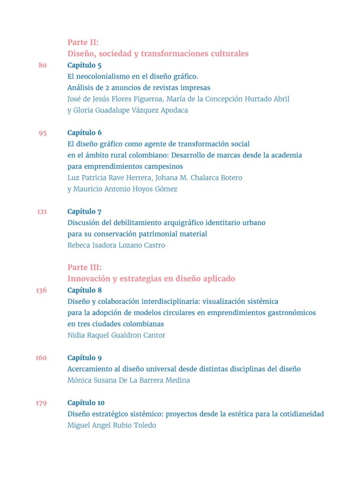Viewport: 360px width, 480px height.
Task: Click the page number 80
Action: tap(42, 65)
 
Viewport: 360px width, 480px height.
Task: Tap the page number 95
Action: tap(42, 133)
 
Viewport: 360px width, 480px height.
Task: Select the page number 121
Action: tap(42, 212)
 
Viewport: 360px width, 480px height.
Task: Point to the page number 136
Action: tap(41, 290)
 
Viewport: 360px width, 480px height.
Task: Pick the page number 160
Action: tap(41, 358)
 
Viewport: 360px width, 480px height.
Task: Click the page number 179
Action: tap(41, 403)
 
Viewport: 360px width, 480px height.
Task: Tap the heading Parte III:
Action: tap(84, 267)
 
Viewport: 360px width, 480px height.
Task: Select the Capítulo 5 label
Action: tap(84, 65)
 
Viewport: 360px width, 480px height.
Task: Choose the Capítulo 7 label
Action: tap(84, 212)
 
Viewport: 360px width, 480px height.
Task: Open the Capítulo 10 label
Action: tap(86, 403)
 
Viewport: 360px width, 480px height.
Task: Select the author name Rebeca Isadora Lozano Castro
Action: tap(116, 245)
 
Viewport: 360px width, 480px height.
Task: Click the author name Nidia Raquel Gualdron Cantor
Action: tap(116, 335)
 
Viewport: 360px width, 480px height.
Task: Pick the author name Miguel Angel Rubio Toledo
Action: tap(111, 425)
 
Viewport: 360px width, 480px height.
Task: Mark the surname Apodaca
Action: tap(172, 110)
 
